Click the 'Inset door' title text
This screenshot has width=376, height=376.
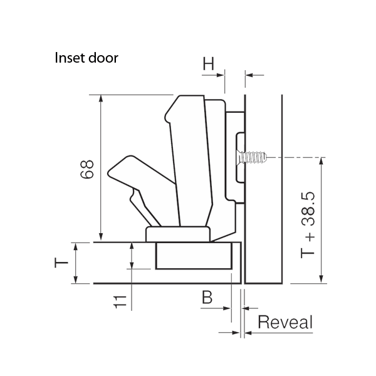click(86, 58)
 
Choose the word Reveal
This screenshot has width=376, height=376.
click(285, 323)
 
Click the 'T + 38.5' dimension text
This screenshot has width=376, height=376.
click(308, 225)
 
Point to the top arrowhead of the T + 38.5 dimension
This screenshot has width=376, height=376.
click(321, 161)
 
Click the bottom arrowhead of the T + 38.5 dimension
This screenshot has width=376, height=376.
click(321, 279)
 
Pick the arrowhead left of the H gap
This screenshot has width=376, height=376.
click(221, 75)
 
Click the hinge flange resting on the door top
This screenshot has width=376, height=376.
click(179, 234)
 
